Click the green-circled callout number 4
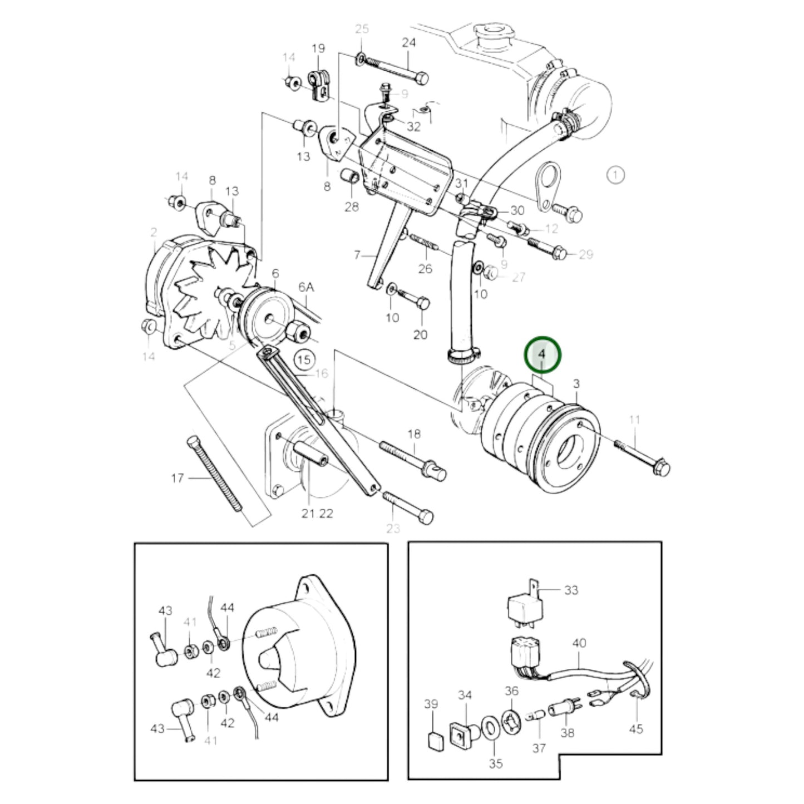point(542,354)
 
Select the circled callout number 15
point(304,359)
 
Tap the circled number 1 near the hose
point(615,175)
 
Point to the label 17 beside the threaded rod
point(177,478)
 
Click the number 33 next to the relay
point(571,590)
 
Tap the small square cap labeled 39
point(434,740)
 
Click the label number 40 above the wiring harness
point(579,643)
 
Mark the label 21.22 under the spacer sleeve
point(317,514)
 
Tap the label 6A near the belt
point(307,287)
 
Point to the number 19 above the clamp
point(318,49)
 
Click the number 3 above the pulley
point(576,383)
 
